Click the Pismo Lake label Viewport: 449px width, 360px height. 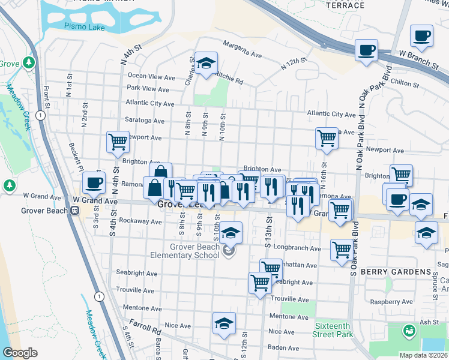[84, 28]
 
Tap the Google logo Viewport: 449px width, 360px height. [20, 353]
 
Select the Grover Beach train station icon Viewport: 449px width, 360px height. [76, 210]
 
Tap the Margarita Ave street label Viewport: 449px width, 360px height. [243, 49]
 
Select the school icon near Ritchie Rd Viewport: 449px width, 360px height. [206, 64]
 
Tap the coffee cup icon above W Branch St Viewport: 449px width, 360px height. [366, 50]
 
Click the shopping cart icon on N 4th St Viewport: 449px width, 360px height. [118, 142]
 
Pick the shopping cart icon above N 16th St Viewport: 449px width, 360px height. [327, 137]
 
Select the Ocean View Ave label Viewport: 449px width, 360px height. [151, 77]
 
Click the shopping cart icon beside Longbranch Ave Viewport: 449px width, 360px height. [342, 248]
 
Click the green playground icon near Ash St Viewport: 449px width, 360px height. [409, 331]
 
